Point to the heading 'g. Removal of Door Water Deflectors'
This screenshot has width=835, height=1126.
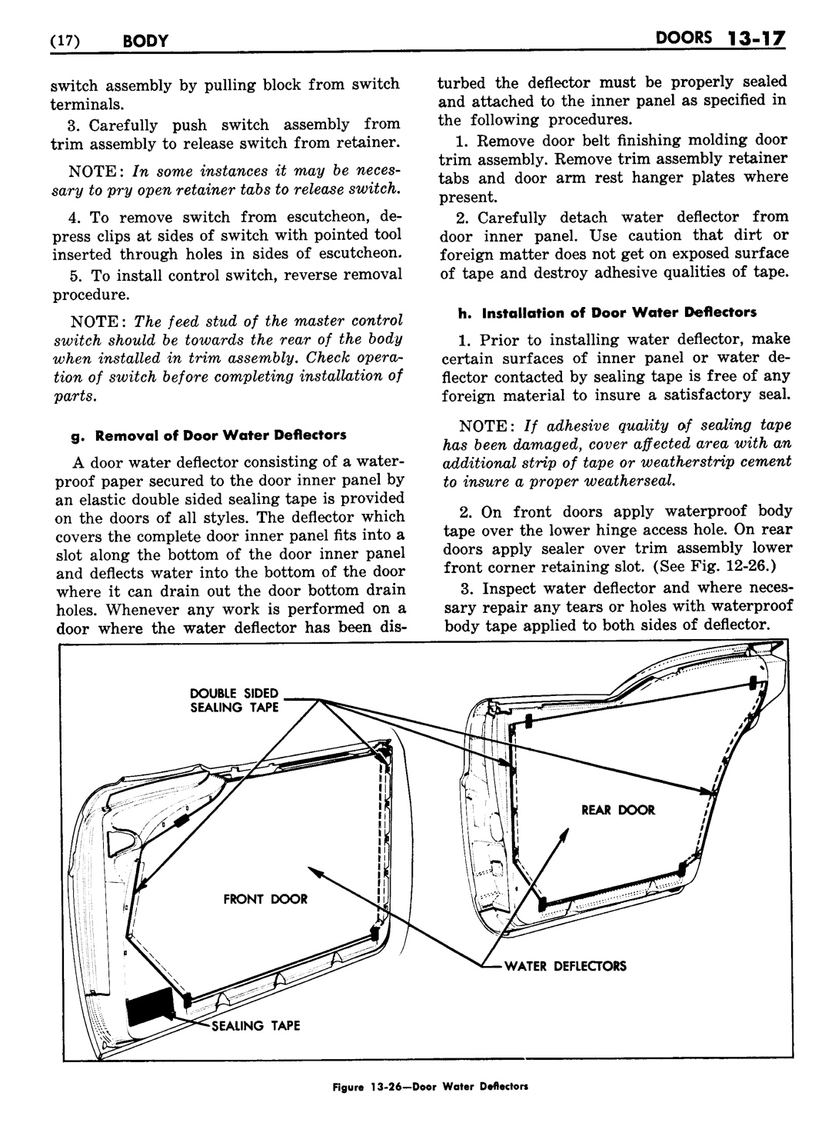208,435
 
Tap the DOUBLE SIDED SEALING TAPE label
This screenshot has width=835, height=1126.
235,701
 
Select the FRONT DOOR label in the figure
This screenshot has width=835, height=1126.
265,899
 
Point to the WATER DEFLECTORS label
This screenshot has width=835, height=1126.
565,966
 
